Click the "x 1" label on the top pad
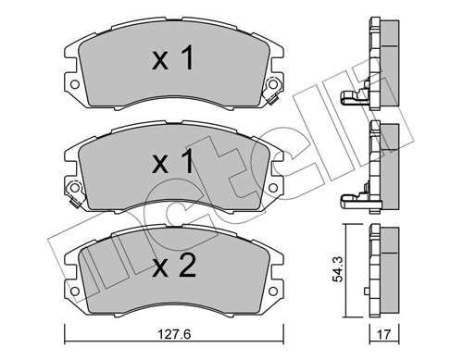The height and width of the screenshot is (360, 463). tap(173, 61)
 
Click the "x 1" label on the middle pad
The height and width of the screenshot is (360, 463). tap(173, 164)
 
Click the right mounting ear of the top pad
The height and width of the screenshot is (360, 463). tap(273, 90)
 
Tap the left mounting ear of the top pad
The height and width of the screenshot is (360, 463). tap(72, 90)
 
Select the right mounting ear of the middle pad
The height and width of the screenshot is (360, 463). tap(273, 192)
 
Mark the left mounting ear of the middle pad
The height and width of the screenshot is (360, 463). tap(72, 192)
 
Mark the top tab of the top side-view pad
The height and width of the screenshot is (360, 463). tap(375, 21)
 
